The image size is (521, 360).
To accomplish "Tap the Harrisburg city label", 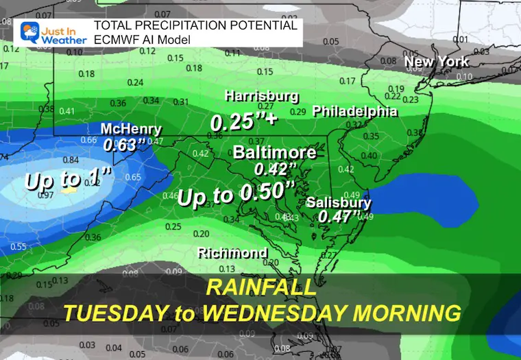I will pos(261,96).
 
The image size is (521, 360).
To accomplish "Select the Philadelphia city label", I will pos(355,112).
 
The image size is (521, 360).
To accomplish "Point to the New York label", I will pos(437,62).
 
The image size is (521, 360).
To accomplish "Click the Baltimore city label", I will pos(274,152).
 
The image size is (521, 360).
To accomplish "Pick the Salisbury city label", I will pos(339,203).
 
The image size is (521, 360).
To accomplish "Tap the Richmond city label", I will pos(232,253).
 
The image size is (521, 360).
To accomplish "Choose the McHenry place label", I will pos(131,129).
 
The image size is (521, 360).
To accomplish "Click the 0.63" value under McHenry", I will pos(125,144).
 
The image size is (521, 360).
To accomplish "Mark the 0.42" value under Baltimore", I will pos(275,168).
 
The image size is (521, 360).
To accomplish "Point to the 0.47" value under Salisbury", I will pos(339,217).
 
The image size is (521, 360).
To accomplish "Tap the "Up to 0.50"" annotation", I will pos(237,194).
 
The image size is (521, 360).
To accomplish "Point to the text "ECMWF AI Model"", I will pos(141,40).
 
